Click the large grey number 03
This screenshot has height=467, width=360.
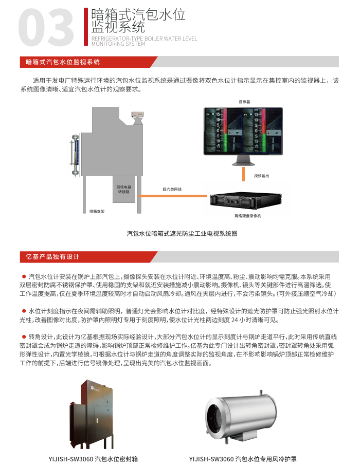coord(46,27)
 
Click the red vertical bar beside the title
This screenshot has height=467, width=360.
coord(86,26)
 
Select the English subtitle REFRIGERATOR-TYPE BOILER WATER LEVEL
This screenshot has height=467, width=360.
coord(144,39)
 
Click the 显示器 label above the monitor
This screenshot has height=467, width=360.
coord(244,102)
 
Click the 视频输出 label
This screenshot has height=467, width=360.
coord(261,176)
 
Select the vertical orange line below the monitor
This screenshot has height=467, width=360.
coord(244,174)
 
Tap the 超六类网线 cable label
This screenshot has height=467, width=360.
coord(172,189)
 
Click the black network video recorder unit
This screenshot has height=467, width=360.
coord(244,199)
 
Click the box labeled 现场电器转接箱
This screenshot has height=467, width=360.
coord(123,190)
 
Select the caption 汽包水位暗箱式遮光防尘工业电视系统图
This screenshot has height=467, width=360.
coord(182,233)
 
